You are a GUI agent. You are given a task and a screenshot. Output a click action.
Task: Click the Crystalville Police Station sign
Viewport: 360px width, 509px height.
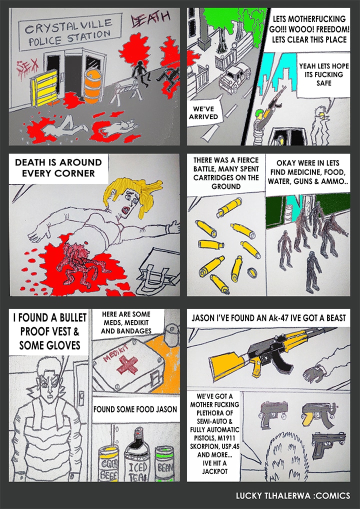[x=70, y=32]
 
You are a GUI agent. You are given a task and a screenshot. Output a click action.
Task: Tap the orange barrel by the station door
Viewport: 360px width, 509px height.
[x=93, y=85]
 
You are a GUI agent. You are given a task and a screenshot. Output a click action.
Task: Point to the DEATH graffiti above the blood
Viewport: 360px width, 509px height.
[x=150, y=19]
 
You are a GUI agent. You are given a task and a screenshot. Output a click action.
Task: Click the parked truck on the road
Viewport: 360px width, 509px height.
[x=234, y=77]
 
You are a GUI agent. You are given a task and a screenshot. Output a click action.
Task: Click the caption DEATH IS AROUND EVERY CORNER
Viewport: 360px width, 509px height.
[x=58, y=168]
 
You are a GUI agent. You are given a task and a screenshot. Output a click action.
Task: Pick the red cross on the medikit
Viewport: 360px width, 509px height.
[x=127, y=364]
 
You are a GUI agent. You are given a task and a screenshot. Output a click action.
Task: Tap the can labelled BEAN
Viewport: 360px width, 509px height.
[x=165, y=464]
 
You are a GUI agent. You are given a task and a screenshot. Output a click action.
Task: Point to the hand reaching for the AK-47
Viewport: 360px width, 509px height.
[x=314, y=374]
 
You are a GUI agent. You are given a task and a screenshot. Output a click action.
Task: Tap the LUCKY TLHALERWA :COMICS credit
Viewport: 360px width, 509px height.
[x=293, y=496]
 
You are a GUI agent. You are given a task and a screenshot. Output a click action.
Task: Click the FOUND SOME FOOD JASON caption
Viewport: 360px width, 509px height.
[x=135, y=409]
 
